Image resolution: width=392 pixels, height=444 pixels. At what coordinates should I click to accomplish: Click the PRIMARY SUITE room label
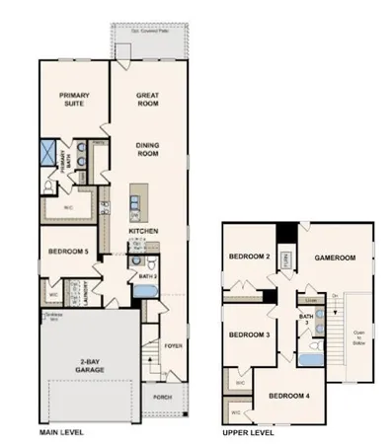pyautogui.click(x=68, y=100)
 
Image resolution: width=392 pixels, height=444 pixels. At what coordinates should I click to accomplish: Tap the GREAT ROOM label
pyautogui.click(x=149, y=100)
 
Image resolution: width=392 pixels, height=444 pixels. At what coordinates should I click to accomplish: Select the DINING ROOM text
pyautogui.click(x=148, y=150)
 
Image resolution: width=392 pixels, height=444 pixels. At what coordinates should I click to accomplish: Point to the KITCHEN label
pyautogui.click(x=143, y=232)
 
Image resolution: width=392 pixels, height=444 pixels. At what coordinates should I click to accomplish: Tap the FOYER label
pyautogui.click(x=174, y=346)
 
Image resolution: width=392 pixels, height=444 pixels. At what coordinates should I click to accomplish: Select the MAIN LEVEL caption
pyautogui.click(x=60, y=433)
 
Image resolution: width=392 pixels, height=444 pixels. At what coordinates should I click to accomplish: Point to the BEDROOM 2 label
pyautogui.click(x=250, y=258)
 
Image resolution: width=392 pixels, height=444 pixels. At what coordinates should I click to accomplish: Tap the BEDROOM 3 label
pyautogui.click(x=250, y=335)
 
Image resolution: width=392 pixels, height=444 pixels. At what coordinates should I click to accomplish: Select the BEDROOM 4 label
pyautogui.click(x=287, y=395)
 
